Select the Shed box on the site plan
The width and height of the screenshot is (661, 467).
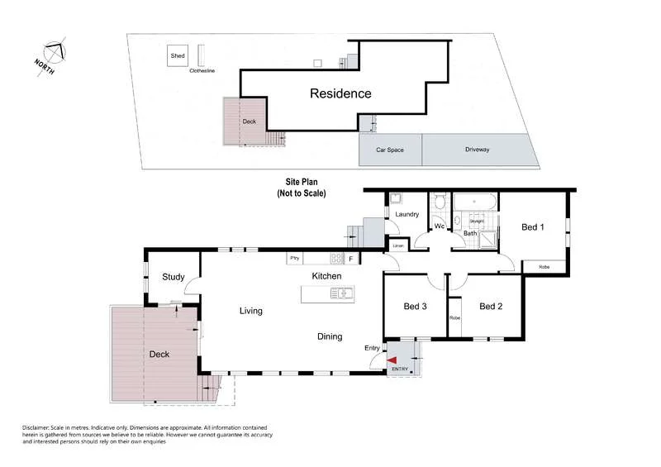point(178,56)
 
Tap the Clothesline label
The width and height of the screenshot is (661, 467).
point(202,71)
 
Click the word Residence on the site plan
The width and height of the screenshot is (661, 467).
point(340,93)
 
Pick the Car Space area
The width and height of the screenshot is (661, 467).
point(390,150)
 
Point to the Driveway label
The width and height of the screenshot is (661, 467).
point(477,150)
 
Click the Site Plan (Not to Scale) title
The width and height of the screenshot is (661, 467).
point(302,187)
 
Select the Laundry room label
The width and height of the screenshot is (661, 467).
point(407,215)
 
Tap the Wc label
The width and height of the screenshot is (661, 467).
point(439,225)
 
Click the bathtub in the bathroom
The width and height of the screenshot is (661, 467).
point(474,201)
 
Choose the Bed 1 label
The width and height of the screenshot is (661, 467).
point(533,227)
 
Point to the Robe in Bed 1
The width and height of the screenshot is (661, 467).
point(544,267)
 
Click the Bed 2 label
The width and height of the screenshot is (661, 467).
point(491,306)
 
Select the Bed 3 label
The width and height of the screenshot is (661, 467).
point(415,306)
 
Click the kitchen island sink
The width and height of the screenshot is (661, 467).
point(340,293)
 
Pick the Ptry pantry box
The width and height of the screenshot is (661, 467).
point(293,259)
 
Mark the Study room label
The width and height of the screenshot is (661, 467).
point(173,277)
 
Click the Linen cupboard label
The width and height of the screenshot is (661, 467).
point(398,246)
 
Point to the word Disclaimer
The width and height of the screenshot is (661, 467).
point(38,427)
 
